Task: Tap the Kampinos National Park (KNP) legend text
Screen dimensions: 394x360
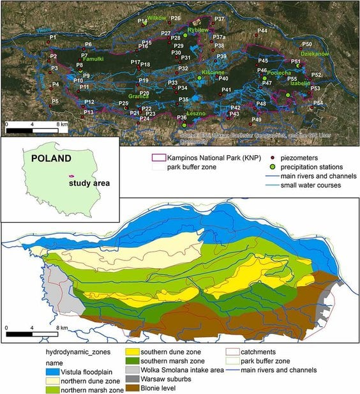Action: point(209,156)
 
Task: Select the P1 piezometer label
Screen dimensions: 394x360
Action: point(53,39)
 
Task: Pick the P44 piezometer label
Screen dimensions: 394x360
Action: point(262,31)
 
